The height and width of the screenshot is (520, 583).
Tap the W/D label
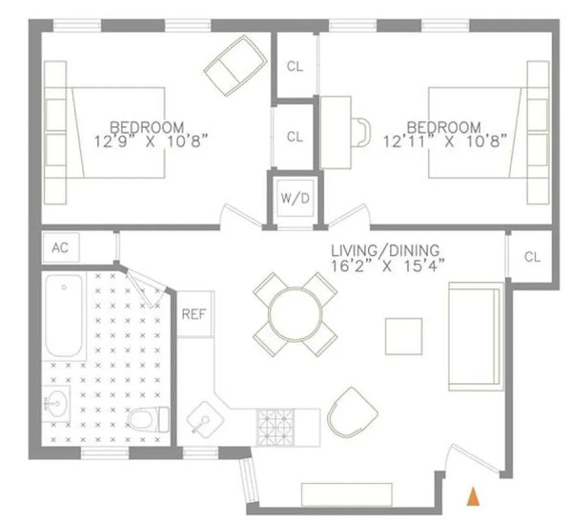coord(294,199)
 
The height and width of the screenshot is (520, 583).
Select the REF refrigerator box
coord(194,314)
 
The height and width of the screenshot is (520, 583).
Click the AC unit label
coord(60,248)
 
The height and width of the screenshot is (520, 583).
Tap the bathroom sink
coord(56,404)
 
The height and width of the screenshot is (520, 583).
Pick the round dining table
coord(295,314)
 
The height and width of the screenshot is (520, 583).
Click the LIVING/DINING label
coord(385,250)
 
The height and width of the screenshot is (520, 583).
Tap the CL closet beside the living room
coord(532,257)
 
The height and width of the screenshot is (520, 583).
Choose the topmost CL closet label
coord(294,67)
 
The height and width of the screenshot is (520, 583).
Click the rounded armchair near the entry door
coord(353,412)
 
